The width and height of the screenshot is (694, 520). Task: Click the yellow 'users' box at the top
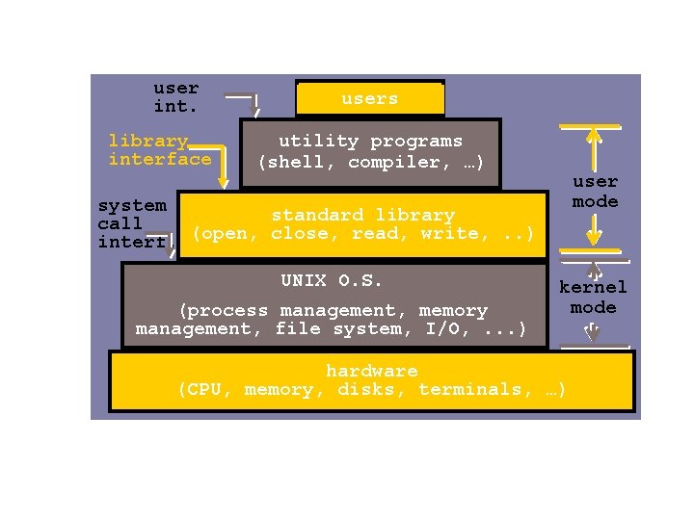pyautogui.click(x=369, y=99)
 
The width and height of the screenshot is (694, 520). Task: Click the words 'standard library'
pyautogui.click(x=362, y=215)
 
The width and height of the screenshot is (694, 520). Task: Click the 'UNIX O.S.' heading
pyautogui.click(x=332, y=281)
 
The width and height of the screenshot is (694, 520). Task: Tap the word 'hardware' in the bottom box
pyautogui.click(x=372, y=371)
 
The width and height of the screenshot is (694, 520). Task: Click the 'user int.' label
pyautogui.click(x=176, y=97)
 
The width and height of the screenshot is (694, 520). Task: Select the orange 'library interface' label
pyautogui.click(x=159, y=150)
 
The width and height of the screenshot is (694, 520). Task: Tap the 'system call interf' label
pyautogui.click(x=132, y=223)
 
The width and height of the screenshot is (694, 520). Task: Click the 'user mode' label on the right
pyautogui.click(x=596, y=192)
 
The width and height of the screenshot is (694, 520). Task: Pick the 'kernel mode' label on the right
pyautogui.click(x=593, y=298)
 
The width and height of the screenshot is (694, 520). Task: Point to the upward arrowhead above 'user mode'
pyautogui.click(x=595, y=136)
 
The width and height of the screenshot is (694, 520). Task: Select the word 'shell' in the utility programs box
pyautogui.click(x=293, y=162)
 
